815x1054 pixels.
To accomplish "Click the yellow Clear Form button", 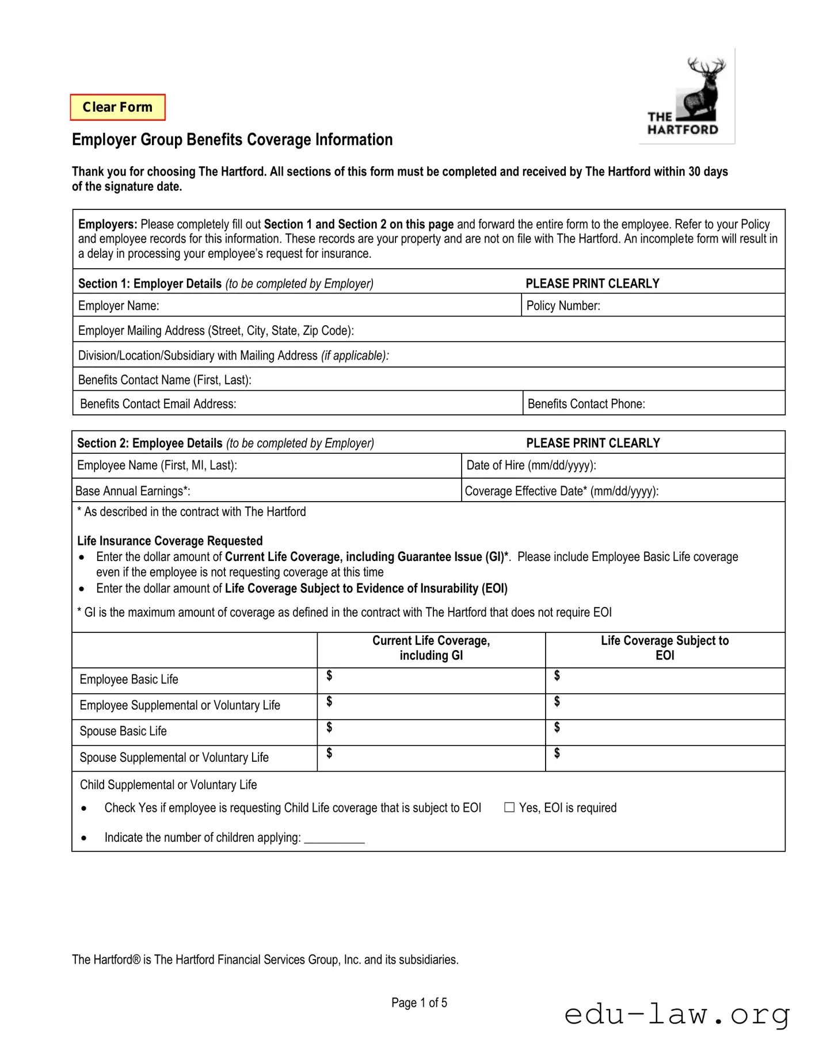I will pyautogui.click(x=117, y=107).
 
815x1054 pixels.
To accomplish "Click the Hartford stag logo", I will pyautogui.click(x=687, y=96).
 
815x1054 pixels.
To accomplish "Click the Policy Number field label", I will pyautogui.click(x=563, y=305).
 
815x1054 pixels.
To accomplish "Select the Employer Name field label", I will pyautogui.click(x=119, y=305).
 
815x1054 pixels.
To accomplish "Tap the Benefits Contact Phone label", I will pyautogui.click(x=586, y=404).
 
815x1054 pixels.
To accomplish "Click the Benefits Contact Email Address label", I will pyautogui.click(x=158, y=404).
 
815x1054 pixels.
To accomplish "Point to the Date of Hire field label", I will pyautogui.click(x=531, y=465).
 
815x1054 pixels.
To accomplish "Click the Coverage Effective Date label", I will pyautogui.click(x=561, y=491).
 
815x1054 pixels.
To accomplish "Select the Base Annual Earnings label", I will pyautogui.click(x=132, y=491).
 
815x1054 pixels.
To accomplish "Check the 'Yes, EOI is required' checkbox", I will pyautogui.click(x=509, y=807).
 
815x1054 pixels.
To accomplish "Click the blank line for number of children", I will pyautogui.click(x=334, y=838).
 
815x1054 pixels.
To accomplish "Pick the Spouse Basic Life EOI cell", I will pyautogui.click(x=665, y=732).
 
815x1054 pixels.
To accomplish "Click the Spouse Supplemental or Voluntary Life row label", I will pyautogui.click(x=174, y=757).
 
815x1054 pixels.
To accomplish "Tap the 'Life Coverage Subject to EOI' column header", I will pyautogui.click(x=664, y=648).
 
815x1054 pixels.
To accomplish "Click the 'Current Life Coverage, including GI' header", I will pyautogui.click(x=431, y=648).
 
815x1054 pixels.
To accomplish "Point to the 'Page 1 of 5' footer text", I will pyautogui.click(x=419, y=1003).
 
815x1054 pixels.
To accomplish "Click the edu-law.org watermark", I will pyautogui.click(x=677, y=1014).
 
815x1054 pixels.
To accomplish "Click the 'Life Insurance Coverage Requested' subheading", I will pyautogui.click(x=170, y=541).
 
